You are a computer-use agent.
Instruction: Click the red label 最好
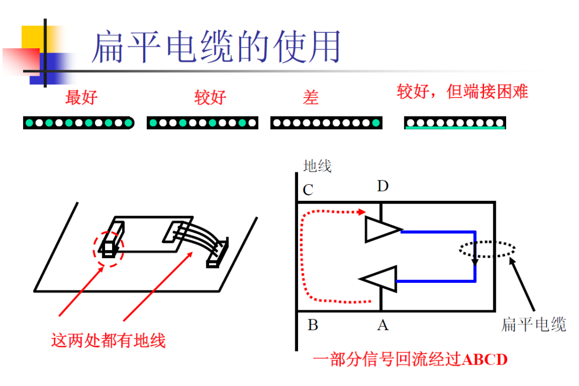click(x=81, y=98)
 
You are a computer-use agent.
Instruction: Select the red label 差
click(x=310, y=98)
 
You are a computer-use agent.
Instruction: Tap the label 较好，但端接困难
click(x=462, y=92)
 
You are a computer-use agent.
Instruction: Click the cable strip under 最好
click(x=78, y=123)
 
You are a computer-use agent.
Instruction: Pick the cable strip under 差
click(x=326, y=123)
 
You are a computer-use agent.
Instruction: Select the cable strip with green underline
click(x=455, y=123)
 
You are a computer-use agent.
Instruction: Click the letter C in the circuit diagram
click(x=308, y=191)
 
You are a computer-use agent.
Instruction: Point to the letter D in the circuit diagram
click(x=382, y=186)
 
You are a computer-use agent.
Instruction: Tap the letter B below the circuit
click(x=313, y=325)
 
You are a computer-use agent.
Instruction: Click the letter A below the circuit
click(x=382, y=325)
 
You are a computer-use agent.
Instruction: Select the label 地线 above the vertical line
click(x=317, y=166)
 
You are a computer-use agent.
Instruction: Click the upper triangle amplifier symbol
click(x=381, y=229)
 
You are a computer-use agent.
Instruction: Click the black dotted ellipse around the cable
click(x=487, y=249)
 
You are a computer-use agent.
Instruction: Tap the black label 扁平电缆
click(x=533, y=324)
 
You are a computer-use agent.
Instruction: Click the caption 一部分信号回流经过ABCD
click(x=410, y=359)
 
